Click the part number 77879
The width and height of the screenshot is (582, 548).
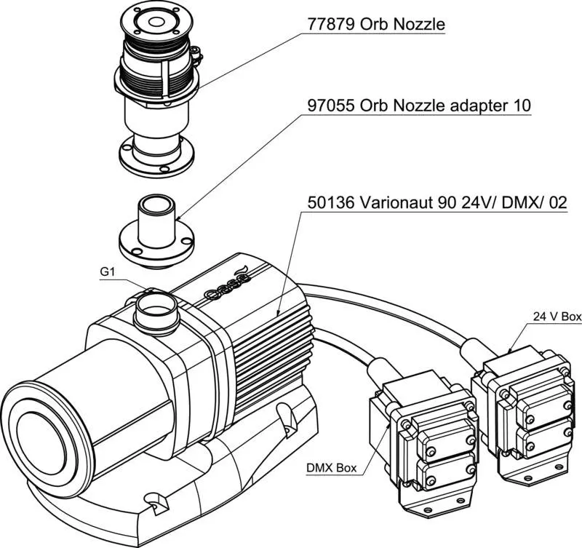(x=331, y=25)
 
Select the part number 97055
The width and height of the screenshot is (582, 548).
(x=331, y=106)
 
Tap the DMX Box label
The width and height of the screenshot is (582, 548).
(x=332, y=468)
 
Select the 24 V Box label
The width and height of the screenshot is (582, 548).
(x=557, y=317)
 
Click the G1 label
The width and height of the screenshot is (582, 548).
(x=108, y=271)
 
